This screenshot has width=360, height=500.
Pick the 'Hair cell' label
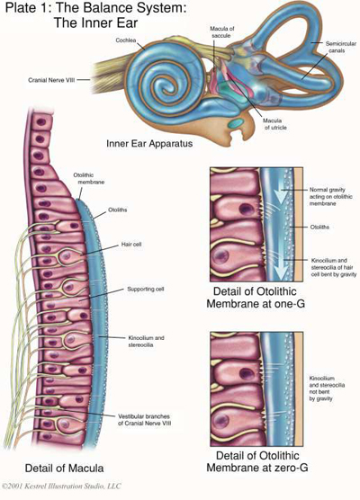tap(131, 244)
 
